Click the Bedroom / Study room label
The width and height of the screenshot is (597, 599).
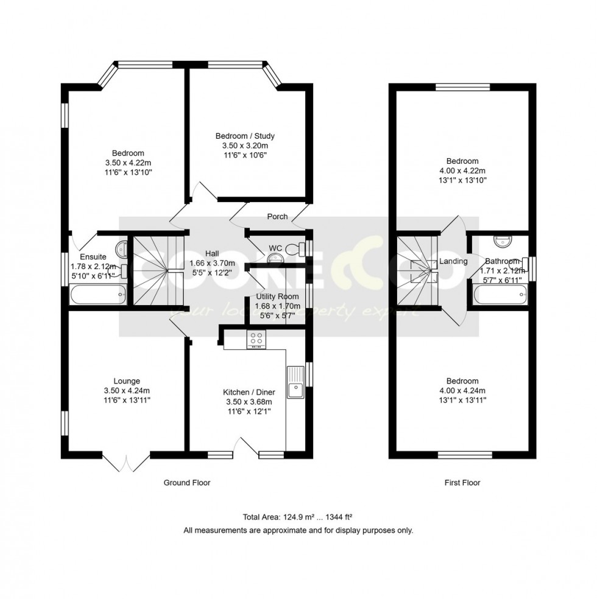point(249,136)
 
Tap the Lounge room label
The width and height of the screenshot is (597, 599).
point(127,381)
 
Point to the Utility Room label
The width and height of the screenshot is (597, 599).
point(277,296)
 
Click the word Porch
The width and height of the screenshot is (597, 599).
point(277,217)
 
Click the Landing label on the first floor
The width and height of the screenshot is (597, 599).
point(453,261)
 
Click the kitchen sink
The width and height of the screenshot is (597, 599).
point(295,382)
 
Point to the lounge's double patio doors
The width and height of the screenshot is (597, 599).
point(127,463)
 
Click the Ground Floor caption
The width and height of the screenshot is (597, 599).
point(186,483)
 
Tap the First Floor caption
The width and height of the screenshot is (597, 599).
point(461,483)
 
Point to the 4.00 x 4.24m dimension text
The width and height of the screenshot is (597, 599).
point(461,390)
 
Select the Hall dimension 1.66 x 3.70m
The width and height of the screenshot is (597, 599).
point(211,263)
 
